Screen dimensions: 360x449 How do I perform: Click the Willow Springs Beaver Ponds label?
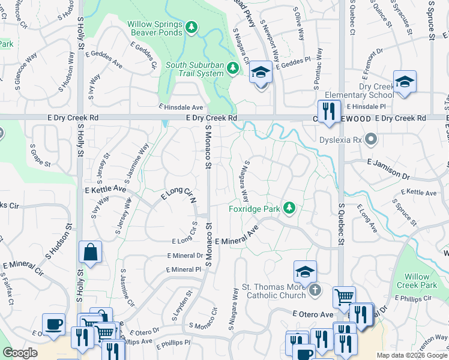pyautogui.click(x=154, y=28)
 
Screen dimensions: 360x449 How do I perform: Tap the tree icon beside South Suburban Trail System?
pyautogui.click(x=234, y=69)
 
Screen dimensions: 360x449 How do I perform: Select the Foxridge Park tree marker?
pyautogui.click(x=290, y=208)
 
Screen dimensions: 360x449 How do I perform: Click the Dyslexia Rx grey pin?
pyautogui.click(x=372, y=140)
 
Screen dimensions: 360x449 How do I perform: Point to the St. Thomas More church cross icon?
pyautogui.click(x=315, y=291)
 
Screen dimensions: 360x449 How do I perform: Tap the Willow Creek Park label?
pyautogui.click(x=420, y=281)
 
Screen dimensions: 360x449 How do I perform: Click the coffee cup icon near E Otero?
pyautogui.click(x=53, y=324)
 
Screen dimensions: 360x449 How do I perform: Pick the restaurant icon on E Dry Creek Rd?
pyautogui.click(x=328, y=111)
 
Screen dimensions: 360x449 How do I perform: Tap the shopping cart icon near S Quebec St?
pyautogui.click(x=344, y=296)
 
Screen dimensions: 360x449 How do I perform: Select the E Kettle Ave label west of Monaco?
pyautogui.click(x=106, y=189)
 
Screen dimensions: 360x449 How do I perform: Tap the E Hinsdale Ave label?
pyautogui.click(x=181, y=106)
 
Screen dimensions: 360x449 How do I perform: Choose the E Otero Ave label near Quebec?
pyautogui.click(x=313, y=314)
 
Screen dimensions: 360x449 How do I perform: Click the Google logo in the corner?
pyautogui.click(x=20, y=353)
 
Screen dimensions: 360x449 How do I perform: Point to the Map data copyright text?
pyautogui.click(x=412, y=355)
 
